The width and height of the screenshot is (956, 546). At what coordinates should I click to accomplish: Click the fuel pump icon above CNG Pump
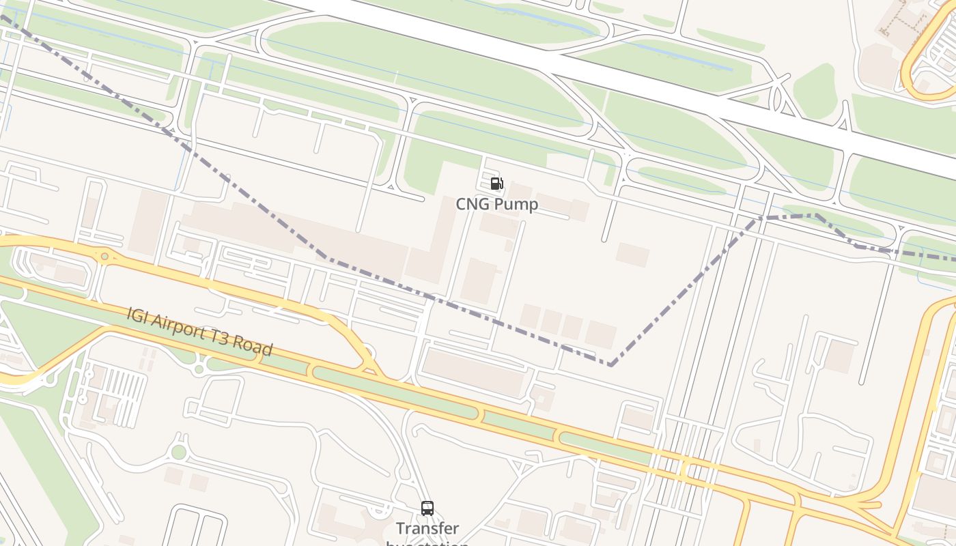(496, 184)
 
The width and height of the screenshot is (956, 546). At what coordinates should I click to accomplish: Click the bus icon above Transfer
(427, 508)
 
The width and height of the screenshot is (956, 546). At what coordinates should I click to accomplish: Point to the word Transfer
(427, 529)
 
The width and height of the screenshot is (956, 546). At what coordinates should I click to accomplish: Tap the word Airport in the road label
(182, 328)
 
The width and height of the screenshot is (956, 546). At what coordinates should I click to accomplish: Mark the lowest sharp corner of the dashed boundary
(610, 364)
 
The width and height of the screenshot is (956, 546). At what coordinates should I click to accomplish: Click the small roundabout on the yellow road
(104, 257)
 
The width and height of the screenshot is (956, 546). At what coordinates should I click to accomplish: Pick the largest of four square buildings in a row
(600, 334)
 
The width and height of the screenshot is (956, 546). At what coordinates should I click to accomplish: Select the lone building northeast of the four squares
(632, 255)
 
